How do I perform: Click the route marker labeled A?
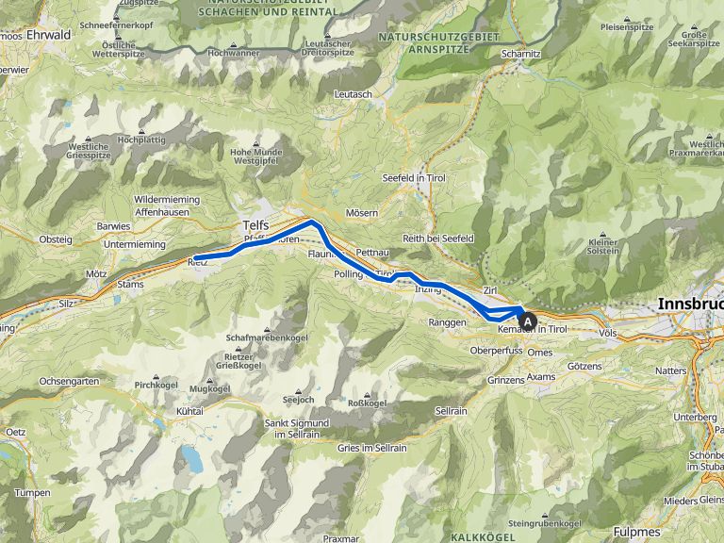tap(529, 321)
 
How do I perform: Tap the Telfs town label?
tap(255, 225)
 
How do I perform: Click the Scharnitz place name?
tap(520, 54)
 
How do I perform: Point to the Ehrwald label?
tap(51, 34)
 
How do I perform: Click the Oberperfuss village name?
tap(497, 351)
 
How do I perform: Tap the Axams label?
tap(541, 376)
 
